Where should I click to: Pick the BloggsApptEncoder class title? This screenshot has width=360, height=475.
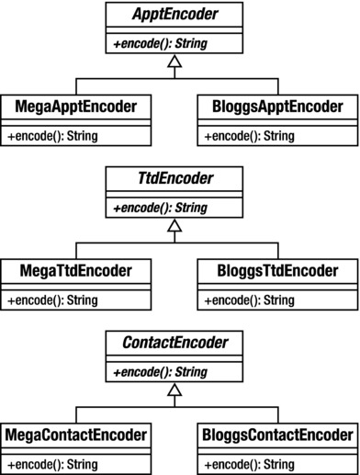pos(275,107)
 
